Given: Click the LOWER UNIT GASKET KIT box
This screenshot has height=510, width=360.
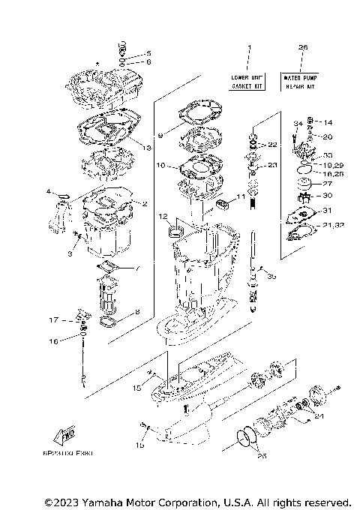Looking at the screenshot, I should pos(247,82).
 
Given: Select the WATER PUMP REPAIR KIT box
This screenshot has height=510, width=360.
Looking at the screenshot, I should pos(303,82).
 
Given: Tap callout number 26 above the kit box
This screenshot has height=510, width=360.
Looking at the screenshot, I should pos(303,48).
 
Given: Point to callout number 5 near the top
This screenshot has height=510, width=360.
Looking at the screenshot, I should pos(148,53).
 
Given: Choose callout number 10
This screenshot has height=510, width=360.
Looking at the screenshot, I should pos(160,164).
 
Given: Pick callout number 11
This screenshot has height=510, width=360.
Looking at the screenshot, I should pos(241,196).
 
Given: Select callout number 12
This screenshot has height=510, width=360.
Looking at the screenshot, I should pos(162,217).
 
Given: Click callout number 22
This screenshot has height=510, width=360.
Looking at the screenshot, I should pos(272,144).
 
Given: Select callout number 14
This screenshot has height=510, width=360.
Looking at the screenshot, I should pos(327,121).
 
